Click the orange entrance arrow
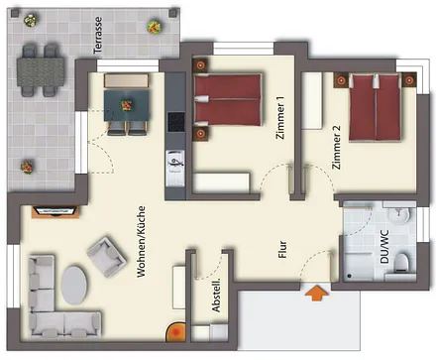[316, 293]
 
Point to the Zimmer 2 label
[336, 150]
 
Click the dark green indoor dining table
[125, 99]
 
